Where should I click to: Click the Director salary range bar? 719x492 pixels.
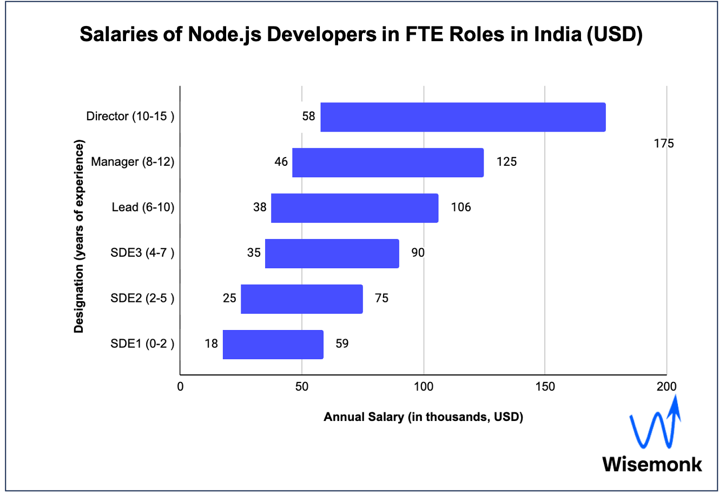pos(463,117)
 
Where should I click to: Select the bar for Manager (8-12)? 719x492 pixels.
pos(388,163)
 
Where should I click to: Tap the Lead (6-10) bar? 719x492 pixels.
pos(354,208)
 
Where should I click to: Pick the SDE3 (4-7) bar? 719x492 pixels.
pos(332,254)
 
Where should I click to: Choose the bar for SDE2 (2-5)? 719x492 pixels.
pos(301,299)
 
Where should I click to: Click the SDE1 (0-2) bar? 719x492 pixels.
pos(273,345)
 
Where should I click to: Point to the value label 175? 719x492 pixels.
pos(664,144)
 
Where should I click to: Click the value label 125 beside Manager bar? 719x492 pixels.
pos(507,162)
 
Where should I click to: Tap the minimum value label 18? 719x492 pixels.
pos(211,344)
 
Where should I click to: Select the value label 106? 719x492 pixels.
pos(461,208)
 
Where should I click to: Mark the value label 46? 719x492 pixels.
pos(281,162)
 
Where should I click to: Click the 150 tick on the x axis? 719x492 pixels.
pos(545,386)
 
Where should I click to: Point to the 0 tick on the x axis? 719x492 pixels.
pos(180,386)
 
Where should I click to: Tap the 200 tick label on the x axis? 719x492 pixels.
pos(666,386)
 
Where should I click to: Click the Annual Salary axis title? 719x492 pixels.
pos(423,417)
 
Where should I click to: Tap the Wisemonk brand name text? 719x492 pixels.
pos(652,464)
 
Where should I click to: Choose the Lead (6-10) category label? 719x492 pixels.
pos(143,208)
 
